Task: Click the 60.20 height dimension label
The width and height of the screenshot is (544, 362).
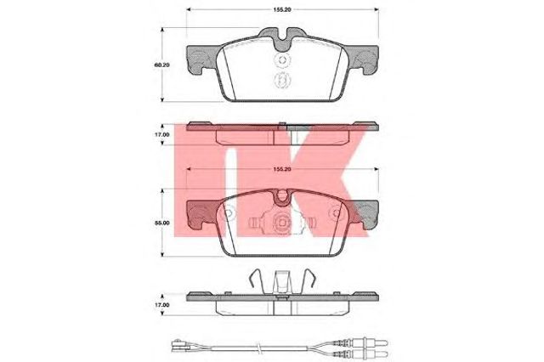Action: coord(161,65)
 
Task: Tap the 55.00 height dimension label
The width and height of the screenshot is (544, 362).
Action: coord(162,223)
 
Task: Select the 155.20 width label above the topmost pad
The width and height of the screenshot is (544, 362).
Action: coord(281,9)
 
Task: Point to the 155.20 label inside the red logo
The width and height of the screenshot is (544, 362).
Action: coord(281,169)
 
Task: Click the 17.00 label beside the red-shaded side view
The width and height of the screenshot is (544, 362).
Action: coord(162,134)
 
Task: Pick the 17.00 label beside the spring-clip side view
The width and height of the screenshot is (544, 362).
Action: coord(162,305)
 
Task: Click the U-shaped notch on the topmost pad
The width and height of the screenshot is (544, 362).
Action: coord(282,39)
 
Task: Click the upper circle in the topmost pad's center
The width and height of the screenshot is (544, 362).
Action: coord(282,60)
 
